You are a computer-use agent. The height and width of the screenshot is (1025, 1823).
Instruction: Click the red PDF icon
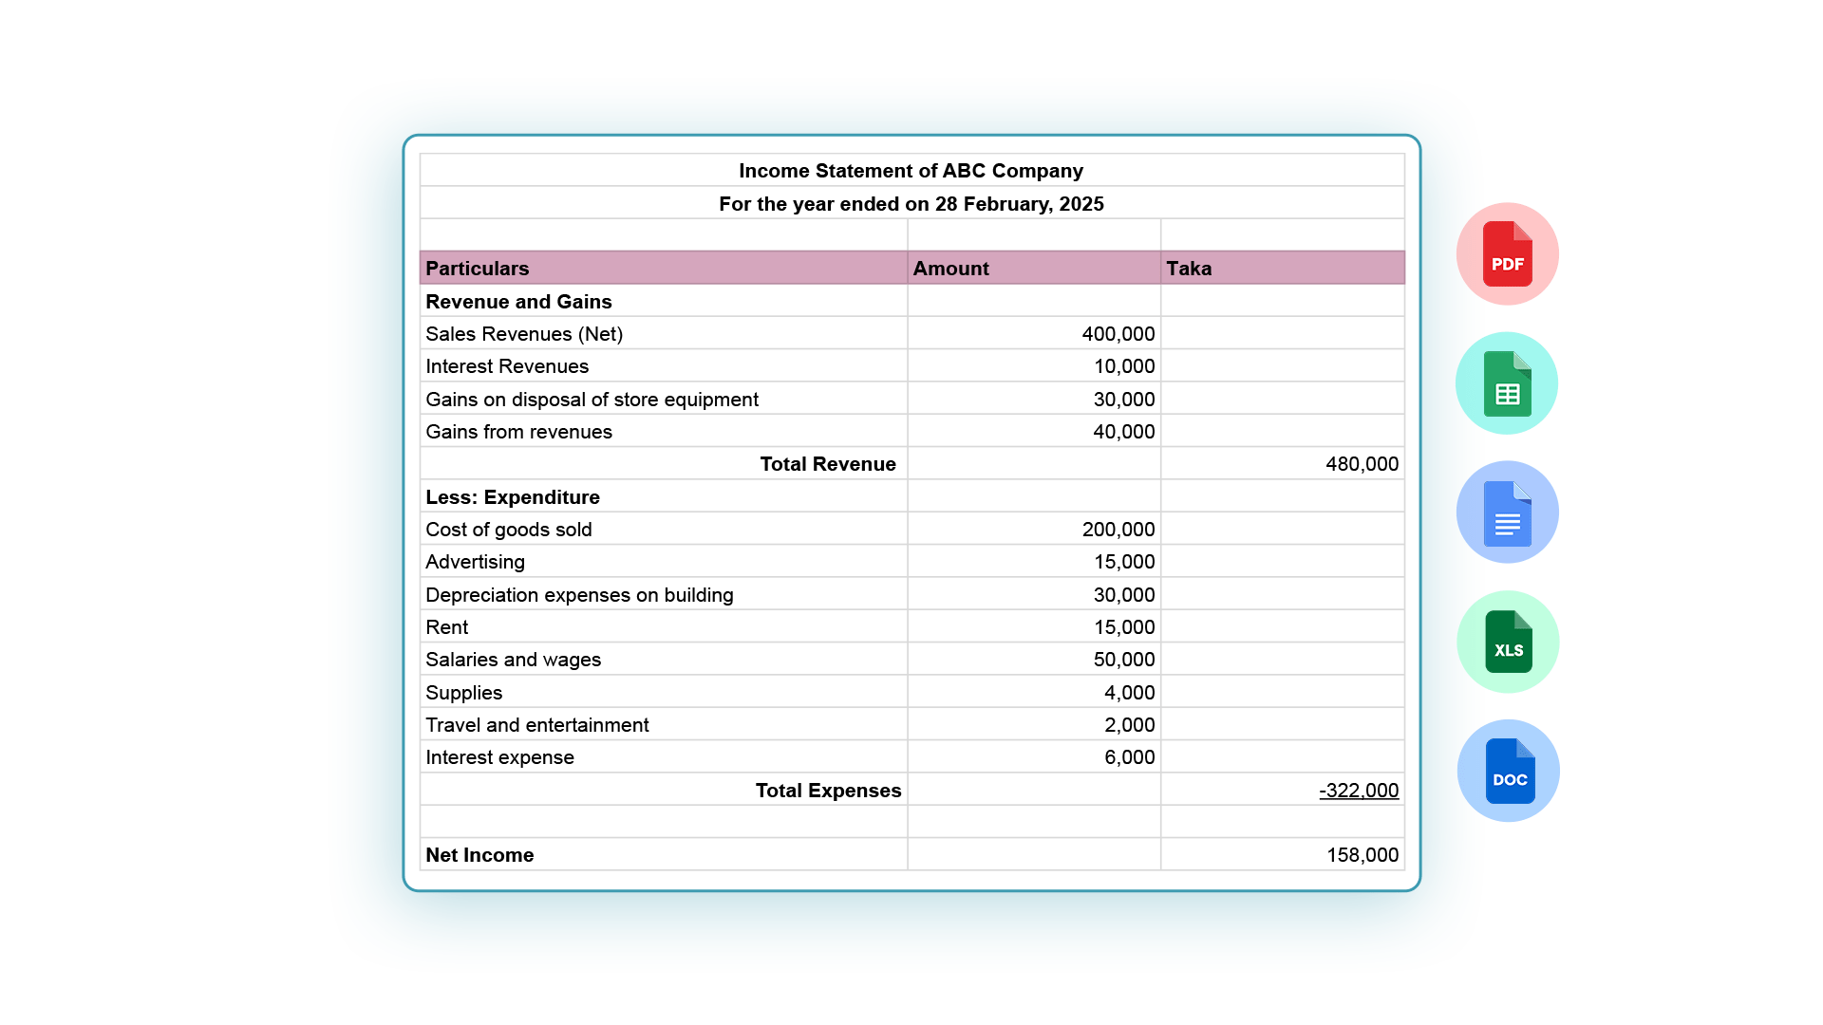[1507, 254]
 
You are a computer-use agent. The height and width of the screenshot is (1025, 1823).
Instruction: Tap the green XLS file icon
[1508, 643]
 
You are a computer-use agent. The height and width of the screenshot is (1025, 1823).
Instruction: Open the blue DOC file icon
[1509, 772]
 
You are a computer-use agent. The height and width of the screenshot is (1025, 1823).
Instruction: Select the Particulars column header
[477, 269]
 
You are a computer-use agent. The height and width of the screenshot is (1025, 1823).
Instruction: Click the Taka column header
[1189, 269]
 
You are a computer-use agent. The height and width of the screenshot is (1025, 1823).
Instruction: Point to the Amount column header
[950, 269]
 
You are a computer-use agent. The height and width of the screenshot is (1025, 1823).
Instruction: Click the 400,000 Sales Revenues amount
[1118, 334]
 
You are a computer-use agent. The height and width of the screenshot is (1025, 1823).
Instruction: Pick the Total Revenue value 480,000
[1362, 464]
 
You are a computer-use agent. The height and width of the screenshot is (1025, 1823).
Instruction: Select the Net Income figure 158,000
[1362, 855]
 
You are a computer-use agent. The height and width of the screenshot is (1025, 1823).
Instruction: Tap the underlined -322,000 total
[1358, 791]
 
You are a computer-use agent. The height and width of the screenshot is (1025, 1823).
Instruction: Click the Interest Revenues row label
[507, 366]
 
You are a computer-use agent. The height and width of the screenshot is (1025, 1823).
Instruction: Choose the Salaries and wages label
[513, 660]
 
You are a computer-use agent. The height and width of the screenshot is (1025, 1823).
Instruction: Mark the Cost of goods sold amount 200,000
[1118, 530]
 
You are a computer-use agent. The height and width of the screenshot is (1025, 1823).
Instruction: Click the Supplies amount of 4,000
[1129, 693]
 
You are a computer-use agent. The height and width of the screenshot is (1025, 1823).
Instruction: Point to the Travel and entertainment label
[536, 725]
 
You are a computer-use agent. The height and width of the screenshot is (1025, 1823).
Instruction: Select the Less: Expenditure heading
[513, 497]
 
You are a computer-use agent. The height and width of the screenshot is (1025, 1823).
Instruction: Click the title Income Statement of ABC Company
[911, 171]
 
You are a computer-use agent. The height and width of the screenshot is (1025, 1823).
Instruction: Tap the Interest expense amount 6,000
[1129, 757]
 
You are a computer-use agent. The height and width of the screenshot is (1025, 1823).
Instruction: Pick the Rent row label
[446, 627]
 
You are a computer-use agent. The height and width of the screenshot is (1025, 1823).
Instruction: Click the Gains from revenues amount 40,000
[1123, 432]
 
